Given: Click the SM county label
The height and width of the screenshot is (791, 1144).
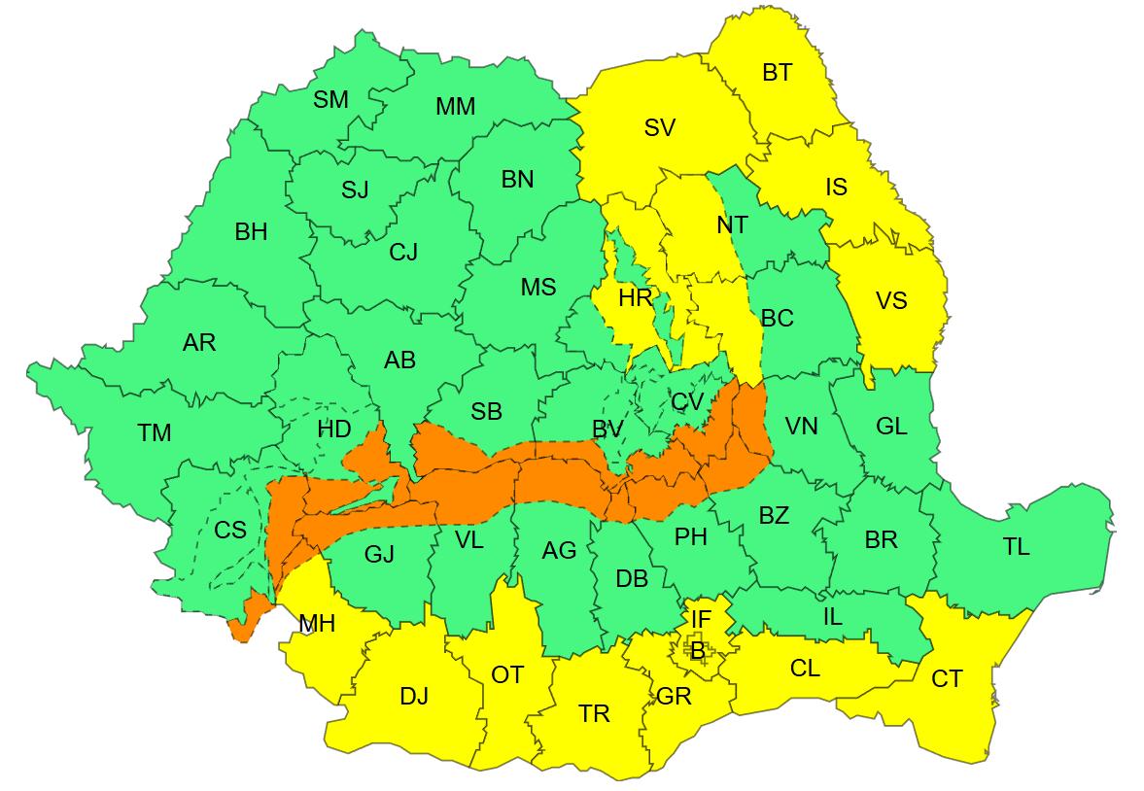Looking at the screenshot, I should (x=330, y=99).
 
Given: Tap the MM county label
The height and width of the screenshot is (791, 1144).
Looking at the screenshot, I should (x=455, y=106).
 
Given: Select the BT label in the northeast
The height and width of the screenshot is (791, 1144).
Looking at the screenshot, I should (x=777, y=72).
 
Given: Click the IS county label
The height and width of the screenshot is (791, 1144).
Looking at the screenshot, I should (x=836, y=187).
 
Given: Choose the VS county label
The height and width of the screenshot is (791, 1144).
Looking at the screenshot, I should (x=890, y=300).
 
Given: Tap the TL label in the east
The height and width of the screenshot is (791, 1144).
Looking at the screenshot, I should (x=1016, y=547).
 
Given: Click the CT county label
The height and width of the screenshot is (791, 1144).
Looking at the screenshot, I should (x=946, y=679).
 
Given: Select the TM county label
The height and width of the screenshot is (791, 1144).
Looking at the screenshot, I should (x=154, y=433).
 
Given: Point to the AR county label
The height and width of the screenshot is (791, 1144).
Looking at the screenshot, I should (x=199, y=342).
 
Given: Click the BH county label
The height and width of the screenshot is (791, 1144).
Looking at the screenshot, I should (x=251, y=232).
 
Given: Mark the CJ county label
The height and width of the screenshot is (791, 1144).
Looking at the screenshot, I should (x=402, y=253).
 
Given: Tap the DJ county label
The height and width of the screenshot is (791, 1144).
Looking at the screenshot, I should (x=414, y=697).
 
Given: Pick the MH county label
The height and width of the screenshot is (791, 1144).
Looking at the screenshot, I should (x=317, y=624).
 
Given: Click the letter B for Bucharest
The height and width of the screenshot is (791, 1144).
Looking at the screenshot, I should (x=697, y=650).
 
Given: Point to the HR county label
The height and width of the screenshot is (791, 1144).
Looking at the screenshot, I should (x=636, y=298).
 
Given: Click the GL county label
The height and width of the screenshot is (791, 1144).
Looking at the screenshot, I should (x=890, y=426).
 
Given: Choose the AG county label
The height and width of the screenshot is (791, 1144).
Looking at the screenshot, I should (x=559, y=551).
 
